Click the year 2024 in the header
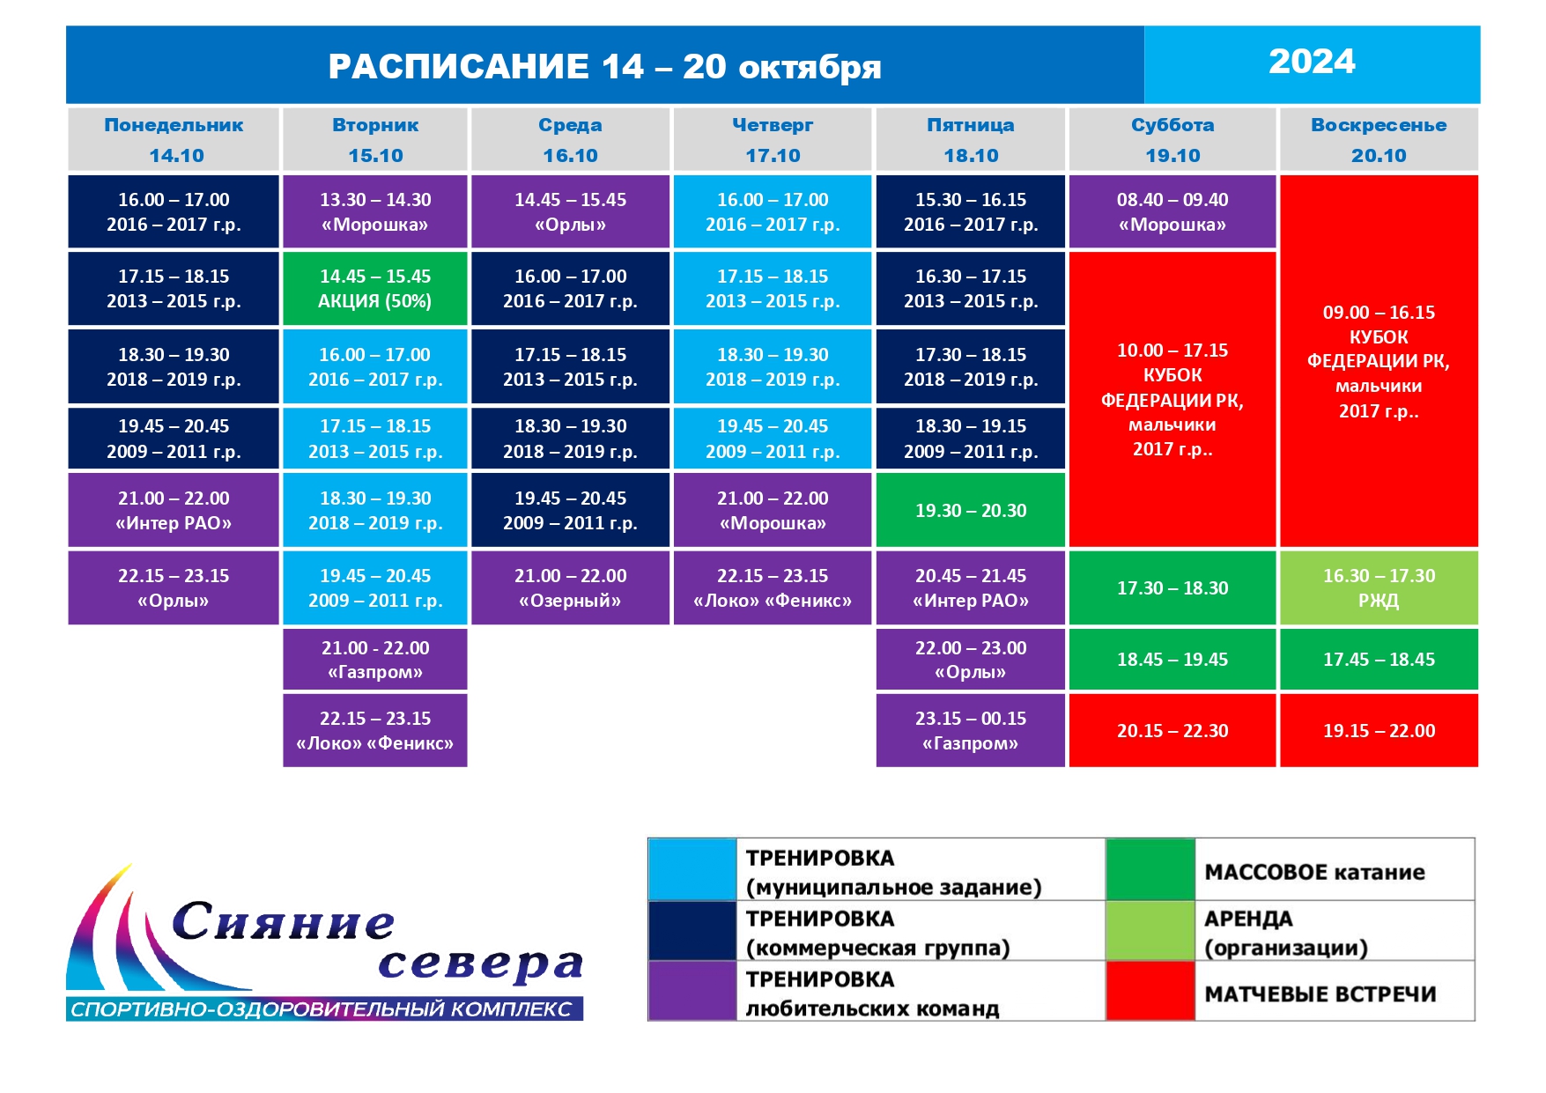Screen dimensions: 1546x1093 (1312, 62)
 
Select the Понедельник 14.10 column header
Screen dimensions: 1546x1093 (174, 139)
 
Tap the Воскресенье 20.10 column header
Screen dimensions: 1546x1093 (1379, 139)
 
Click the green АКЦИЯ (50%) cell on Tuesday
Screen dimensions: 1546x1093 (375, 289)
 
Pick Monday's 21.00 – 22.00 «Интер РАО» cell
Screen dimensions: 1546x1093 (174, 511)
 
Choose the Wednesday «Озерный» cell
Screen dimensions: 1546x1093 (571, 588)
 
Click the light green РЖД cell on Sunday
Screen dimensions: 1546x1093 (1379, 588)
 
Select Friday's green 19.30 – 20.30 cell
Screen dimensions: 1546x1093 (971, 511)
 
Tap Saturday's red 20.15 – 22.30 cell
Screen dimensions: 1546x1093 (1172, 730)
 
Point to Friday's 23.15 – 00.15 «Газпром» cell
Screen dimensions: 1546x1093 (971, 730)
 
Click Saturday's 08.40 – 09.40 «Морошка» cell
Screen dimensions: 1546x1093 (1172, 211)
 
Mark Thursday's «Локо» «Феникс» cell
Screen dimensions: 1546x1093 (773, 588)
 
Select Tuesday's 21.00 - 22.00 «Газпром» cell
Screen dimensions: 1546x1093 (375, 659)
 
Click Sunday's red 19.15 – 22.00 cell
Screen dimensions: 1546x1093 (1379, 730)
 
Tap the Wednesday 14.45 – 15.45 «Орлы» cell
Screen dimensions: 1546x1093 (571, 211)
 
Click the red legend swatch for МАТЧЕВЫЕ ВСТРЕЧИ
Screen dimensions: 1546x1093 (1150, 991)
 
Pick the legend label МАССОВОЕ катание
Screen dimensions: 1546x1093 (1314, 872)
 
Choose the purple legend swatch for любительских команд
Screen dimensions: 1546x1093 (692, 991)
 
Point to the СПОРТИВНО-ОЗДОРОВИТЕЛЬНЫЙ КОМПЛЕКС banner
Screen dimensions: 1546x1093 (324, 1009)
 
